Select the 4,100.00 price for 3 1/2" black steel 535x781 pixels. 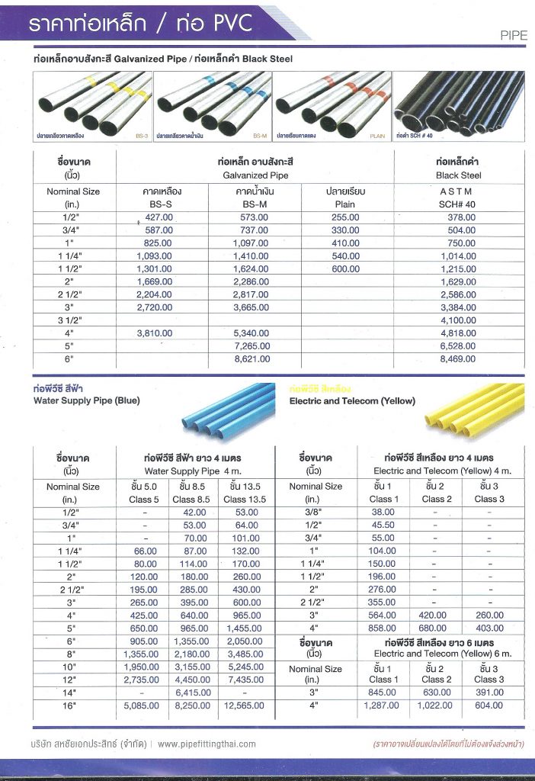tap(459, 320)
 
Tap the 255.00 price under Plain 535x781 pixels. tap(345, 217)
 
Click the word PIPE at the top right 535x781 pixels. tap(514, 35)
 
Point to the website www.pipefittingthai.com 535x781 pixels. tap(207, 744)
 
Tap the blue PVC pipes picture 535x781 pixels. tap(229, 408)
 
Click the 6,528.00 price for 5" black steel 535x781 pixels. tap(459, 346)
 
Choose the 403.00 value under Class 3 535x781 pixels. tap(489, 628)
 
